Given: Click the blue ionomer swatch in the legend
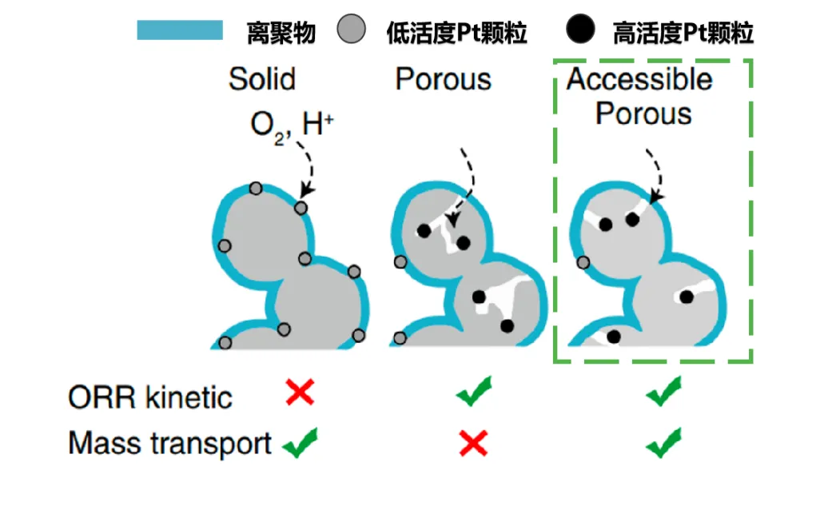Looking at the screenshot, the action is click(x=180, y=30).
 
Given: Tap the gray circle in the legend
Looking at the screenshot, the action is click(x=352, y=29).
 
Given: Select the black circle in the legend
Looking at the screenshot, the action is click(x=580, y=29).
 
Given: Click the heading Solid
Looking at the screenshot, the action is click(x=262, y=79).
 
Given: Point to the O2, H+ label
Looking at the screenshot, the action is click(x=292, y=127).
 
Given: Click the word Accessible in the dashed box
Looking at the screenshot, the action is click(x=639, y=79).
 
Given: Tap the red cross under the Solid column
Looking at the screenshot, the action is click(x=300, y=392).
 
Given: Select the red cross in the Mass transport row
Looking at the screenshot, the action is click(x=473, y=443).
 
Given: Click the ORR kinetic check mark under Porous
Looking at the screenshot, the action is click(x=474, y=391).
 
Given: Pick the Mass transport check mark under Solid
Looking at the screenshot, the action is click(x=301, y=443).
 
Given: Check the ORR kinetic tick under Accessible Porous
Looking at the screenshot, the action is click(x=663, y=391).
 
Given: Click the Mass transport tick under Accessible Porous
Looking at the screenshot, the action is click(x=663, y=443).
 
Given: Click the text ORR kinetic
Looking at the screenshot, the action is click(x=150, y=398).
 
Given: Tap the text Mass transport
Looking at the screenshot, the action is click(x=170, y=444).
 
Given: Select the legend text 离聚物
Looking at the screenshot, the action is click(x=281, y=33).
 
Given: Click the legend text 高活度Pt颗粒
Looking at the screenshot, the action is click(x=683, y=33).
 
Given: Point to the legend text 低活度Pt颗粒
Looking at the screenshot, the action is click(x=456, y=33).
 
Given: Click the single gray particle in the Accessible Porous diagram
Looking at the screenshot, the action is click(x=583, y=262).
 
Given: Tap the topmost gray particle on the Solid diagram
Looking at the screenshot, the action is click(x=256, y=188).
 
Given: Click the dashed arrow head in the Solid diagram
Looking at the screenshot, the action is click(x=307, y=190).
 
